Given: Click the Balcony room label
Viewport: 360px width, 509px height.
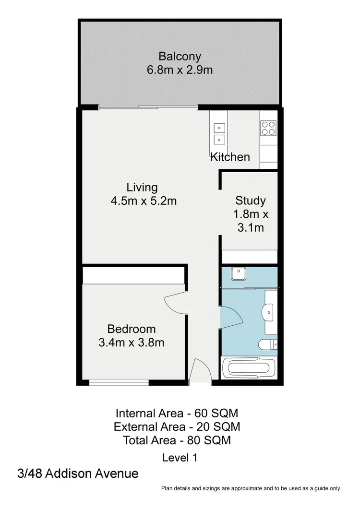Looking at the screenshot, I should [180, 57].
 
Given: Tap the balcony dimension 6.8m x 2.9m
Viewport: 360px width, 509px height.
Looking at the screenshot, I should [180, 70].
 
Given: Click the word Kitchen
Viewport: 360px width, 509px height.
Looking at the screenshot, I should [230, 157].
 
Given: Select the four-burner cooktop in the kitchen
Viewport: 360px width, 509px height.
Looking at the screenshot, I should [268, 128].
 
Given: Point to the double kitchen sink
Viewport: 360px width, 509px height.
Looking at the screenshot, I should [219, 133].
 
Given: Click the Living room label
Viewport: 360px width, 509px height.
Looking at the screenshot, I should [142, 187].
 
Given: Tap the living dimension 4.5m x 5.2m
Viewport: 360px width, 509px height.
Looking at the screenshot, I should [144, 201].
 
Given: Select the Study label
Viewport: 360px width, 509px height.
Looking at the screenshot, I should [250, 201].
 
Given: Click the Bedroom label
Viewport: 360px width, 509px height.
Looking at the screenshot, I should [132, 329].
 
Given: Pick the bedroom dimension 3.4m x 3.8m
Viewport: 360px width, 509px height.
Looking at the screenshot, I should [132, 343].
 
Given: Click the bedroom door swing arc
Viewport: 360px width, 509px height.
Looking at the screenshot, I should [175, 303].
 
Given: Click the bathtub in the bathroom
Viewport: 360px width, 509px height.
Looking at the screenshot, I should [248, 370].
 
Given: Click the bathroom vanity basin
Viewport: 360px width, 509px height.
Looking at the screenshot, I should [269, 313].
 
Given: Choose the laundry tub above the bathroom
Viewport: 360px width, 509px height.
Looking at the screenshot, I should [239, 274].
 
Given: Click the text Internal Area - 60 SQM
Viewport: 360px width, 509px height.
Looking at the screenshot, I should [177, 413].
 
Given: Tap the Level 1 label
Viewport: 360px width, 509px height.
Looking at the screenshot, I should [180, 458].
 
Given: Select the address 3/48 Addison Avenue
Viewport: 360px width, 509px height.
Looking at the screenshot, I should [77, 474].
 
